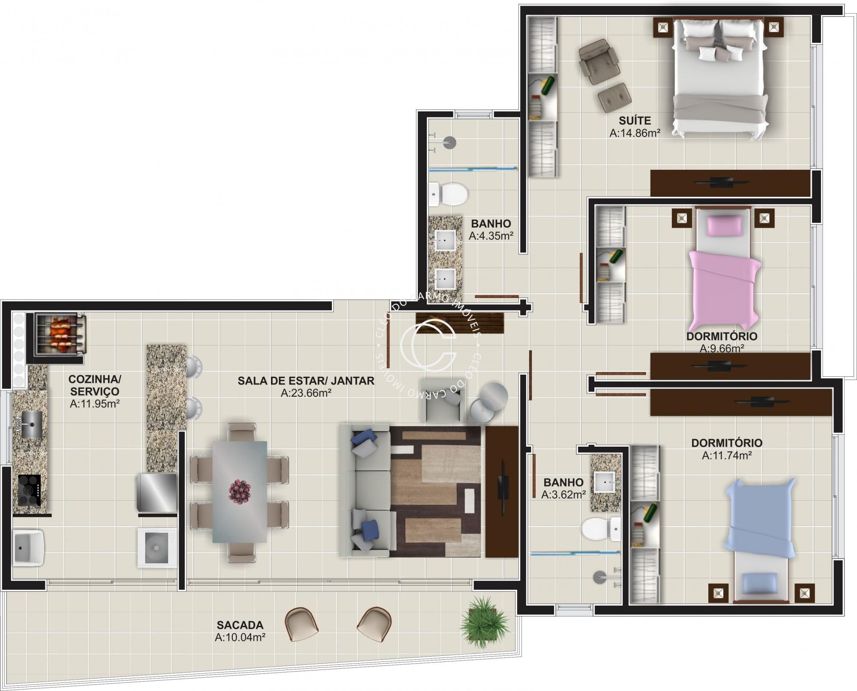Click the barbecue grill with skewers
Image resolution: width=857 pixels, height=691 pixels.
pyautogui.click(x=60, y=333)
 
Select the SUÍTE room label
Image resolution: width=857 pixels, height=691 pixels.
pyautogui.click(x=635, y=121)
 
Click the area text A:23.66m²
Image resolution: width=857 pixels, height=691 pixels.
pyautogui.click(x=306, y=393)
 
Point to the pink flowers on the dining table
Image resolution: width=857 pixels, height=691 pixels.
pyautogui.click(x=240, y=491)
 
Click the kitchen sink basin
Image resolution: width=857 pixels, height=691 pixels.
pyautogui.click(x=32, y=424)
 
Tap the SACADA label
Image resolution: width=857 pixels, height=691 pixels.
pyautogui.click(x=240, y=625)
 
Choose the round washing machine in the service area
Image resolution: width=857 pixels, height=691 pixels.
pyautogui.click(x=157, y=548)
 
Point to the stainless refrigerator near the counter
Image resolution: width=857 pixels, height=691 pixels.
pyautogui.click(x=156, y=493)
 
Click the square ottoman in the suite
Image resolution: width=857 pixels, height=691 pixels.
pyautogui.click(x=614, y=98)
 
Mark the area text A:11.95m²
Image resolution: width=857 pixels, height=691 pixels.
pyautogui.click(x=95, y=404)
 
